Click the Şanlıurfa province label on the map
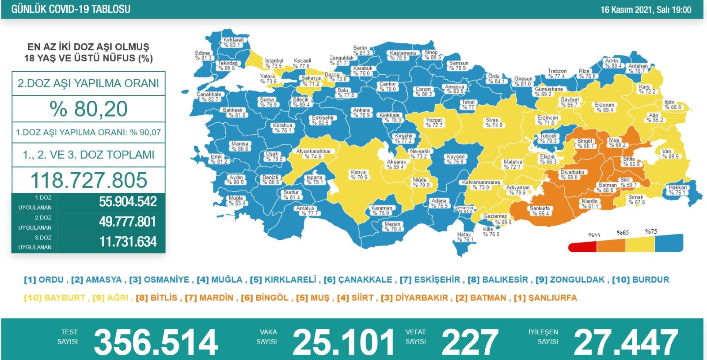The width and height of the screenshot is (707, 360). point(540,211)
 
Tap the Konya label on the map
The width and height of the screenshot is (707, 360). point(358,174)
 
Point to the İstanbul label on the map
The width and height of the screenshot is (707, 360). point(274,63)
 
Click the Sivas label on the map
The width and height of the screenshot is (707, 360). point(493,122)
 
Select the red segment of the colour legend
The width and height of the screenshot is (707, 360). point(582,246)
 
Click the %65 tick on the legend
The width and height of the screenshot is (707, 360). point(623,233)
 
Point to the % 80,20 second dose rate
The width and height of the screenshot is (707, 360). point(88,109)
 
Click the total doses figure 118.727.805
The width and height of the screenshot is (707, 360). point(89,180)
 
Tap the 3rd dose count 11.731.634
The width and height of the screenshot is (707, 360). point(128,242)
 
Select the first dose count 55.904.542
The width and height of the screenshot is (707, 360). point(128,202)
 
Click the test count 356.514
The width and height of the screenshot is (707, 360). point(156,342)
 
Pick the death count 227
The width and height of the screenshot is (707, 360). point(470,342)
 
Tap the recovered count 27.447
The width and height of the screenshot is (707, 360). point(625,342)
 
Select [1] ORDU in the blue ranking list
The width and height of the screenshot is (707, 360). point(44,280)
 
